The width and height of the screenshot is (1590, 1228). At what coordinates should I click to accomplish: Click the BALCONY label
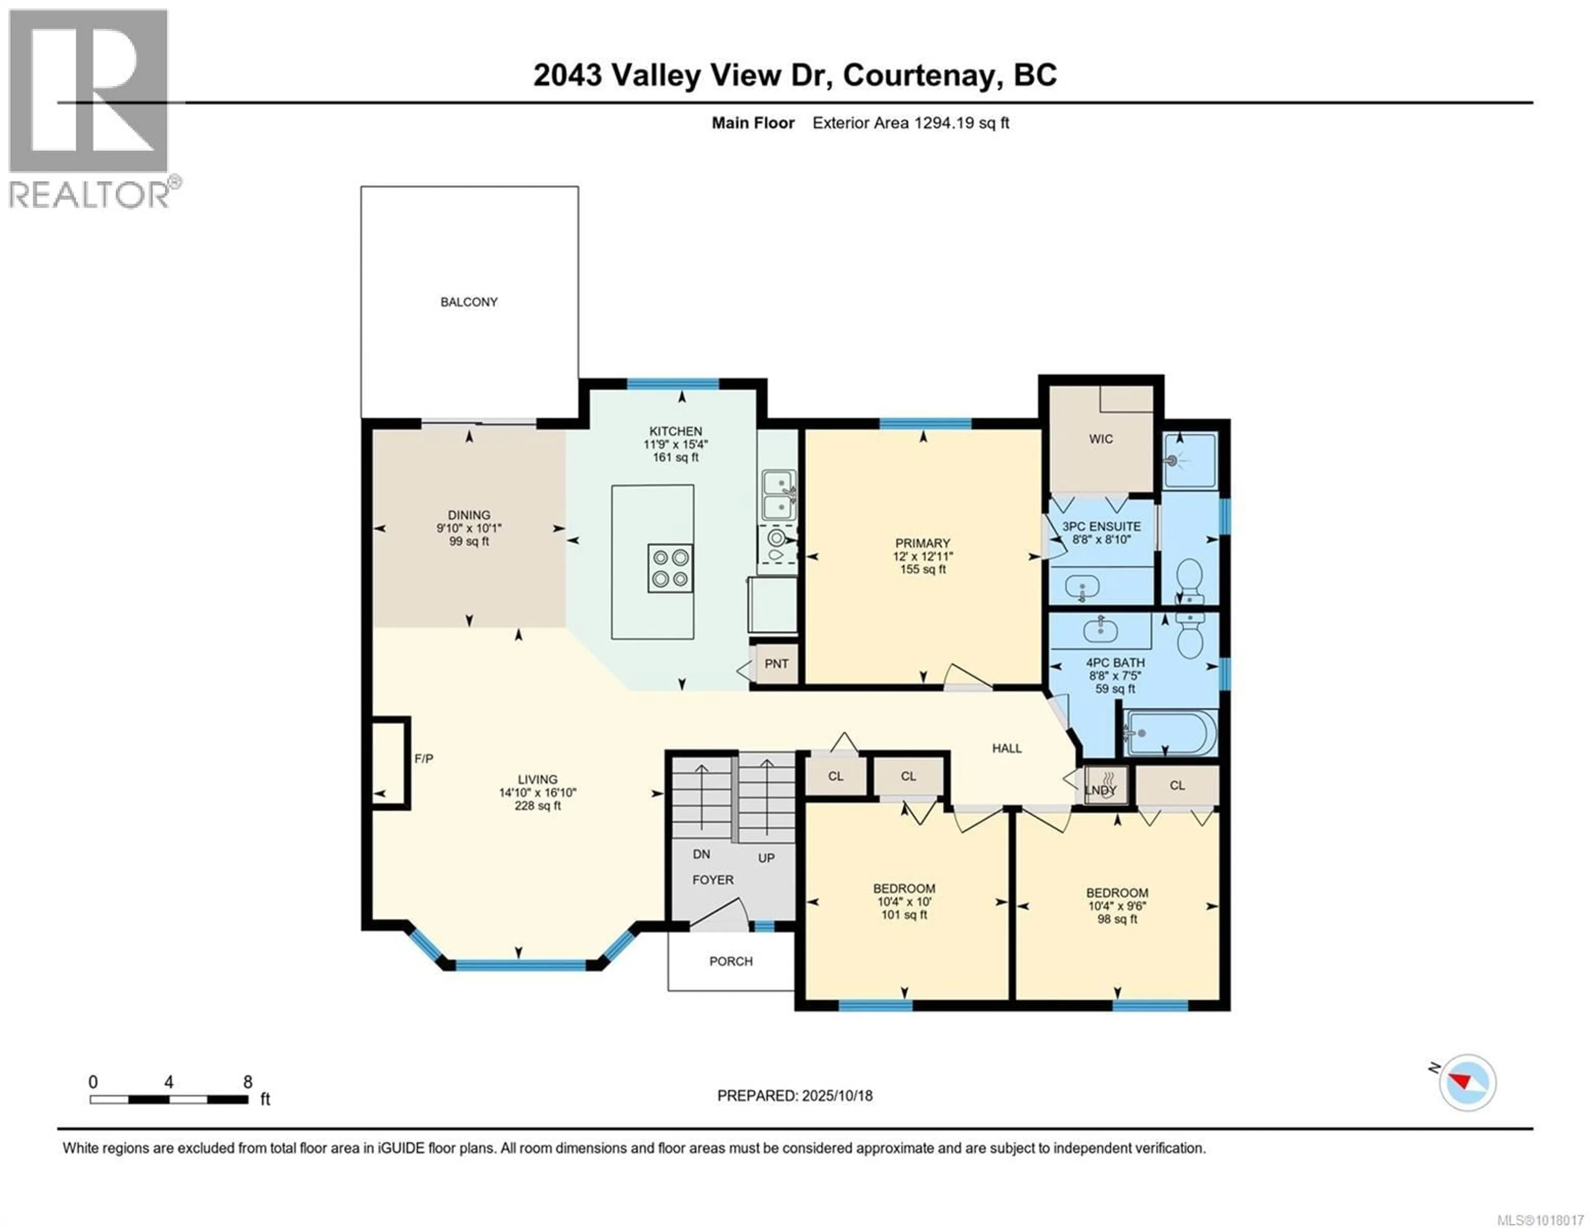pyautogui.click(x=469, y=302)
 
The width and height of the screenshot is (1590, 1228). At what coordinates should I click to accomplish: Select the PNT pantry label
pyautogui.click(x=776, y=664)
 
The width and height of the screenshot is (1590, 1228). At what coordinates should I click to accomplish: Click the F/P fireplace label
pyautogui.click(x=424, y=759)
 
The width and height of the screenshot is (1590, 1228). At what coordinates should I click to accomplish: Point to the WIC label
pyautogui.click(x=1101, y=439)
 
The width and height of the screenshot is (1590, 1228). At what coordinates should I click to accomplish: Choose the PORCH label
pyautogui.click(x=731, y=961)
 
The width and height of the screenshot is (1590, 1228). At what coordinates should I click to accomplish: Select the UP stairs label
pyautogui.click(x=766, y=858)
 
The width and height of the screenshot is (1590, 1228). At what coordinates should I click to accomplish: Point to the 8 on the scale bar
pyautogui.click(x=248, y=1082)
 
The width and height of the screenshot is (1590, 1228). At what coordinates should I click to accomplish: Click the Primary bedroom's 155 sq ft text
pyautogui.click(x=923, y=569)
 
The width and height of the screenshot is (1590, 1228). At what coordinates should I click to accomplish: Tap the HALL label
pyautogui.click(x=1007, y=748)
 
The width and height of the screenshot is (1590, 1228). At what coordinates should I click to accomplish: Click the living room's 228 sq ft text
pyautogui.click(x=537, y=806)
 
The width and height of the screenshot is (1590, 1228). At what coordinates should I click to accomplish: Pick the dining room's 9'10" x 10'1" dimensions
pyautogui.click(x=469, y=529)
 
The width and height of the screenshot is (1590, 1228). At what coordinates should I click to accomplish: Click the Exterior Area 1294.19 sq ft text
pyautogui.click(x=911, y=123)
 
